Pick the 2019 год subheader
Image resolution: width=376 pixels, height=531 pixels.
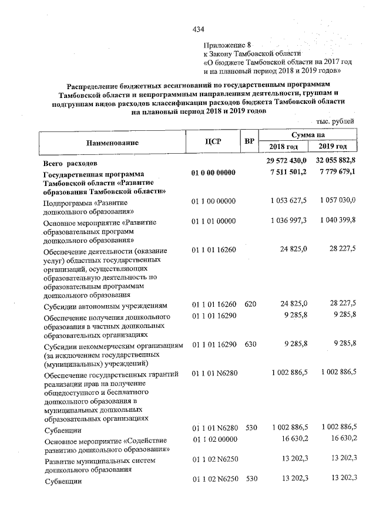pyautogui.click(x=333, y=147)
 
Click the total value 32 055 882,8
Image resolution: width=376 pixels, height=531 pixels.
pyautogui.click(x=333, y=161)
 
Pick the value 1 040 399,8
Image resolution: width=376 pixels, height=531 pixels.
pyautogui.click(x=335, y=219)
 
